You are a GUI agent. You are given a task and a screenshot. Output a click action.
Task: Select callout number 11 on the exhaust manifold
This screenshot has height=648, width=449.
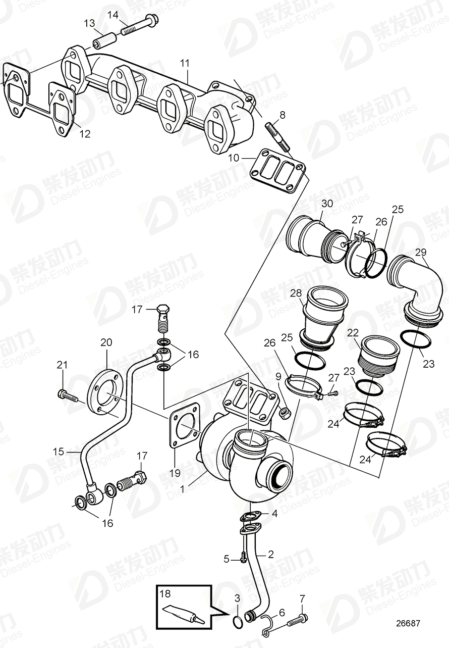(185, 63)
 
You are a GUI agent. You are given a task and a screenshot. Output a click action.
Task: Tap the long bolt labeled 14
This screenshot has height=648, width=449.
(137, 27)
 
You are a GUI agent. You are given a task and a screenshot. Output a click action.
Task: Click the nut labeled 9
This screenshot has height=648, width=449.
(285, 414)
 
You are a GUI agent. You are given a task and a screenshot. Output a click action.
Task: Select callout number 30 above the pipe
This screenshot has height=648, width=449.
(327, 204)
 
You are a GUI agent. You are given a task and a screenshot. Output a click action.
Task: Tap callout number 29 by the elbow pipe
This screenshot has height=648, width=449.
(420, 252)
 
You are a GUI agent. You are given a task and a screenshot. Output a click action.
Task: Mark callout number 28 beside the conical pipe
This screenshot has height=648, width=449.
(296, 293)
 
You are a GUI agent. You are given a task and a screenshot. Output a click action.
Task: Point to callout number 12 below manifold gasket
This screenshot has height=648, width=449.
(84, 134)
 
